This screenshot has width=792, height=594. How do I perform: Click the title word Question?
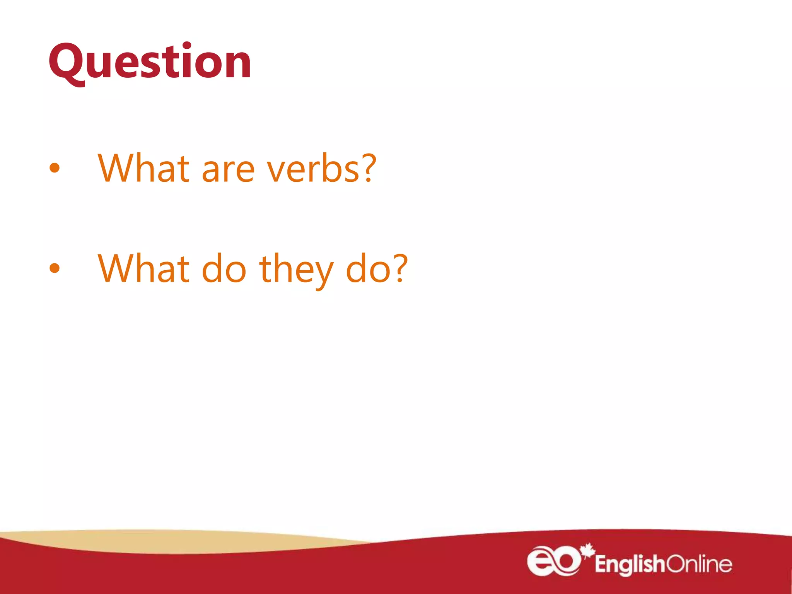[x=150, y=62]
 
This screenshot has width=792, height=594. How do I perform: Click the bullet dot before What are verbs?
[x=55, y=167]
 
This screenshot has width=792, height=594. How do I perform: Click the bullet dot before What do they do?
[x=55, y=268]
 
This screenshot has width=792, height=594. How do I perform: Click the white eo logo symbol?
[x=553, y=561]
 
